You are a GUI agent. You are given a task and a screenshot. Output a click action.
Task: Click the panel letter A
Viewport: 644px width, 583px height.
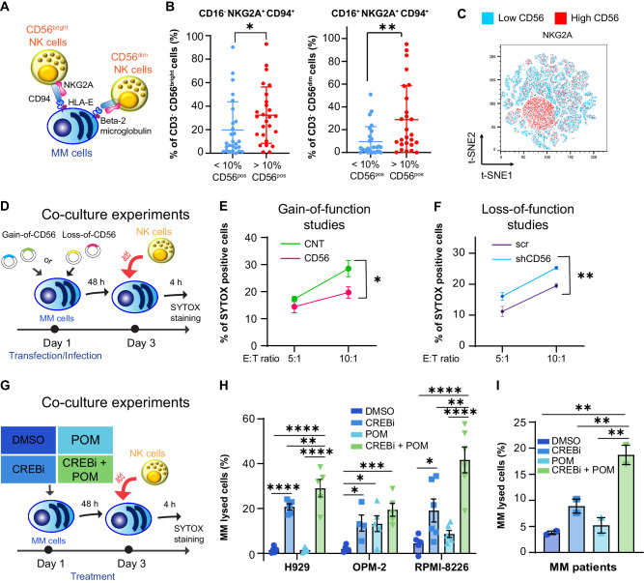click(10, 9)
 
